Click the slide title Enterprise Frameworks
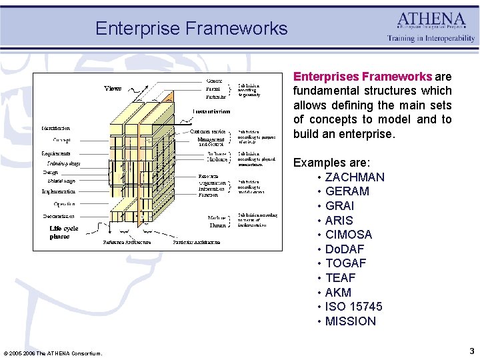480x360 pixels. pyautogui.click(x=191, y=29)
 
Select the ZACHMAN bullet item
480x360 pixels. pyautogui.click(x=354, y=177)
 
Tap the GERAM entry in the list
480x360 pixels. pyautogui.click(x=347, y=191)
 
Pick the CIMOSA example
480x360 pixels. pyautogui.click(x=348, y=235)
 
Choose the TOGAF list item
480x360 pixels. pyautogui.click(x=345, y=263)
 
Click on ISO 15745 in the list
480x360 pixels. pyautogui.click(x=353, y=307)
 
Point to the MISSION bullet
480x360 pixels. pyautogui.click(x=350, y=321)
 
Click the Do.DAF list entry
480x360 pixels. pyautogui.click(x=345, y=249)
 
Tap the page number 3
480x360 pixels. pyautogui.click(x=471, y=351)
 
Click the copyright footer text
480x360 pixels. pyautogui.click(x=53, y=353)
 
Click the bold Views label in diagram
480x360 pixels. pyautogui.click(x=113, y=88)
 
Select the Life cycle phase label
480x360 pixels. pyautogui.click(x=64, y=232)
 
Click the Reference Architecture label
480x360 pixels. pyautogui.click(x=127, y=242)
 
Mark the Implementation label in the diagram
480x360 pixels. pyautogui.click(x=59, y=191)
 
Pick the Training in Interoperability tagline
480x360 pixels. pyautogui.click(x=431, y=39)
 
